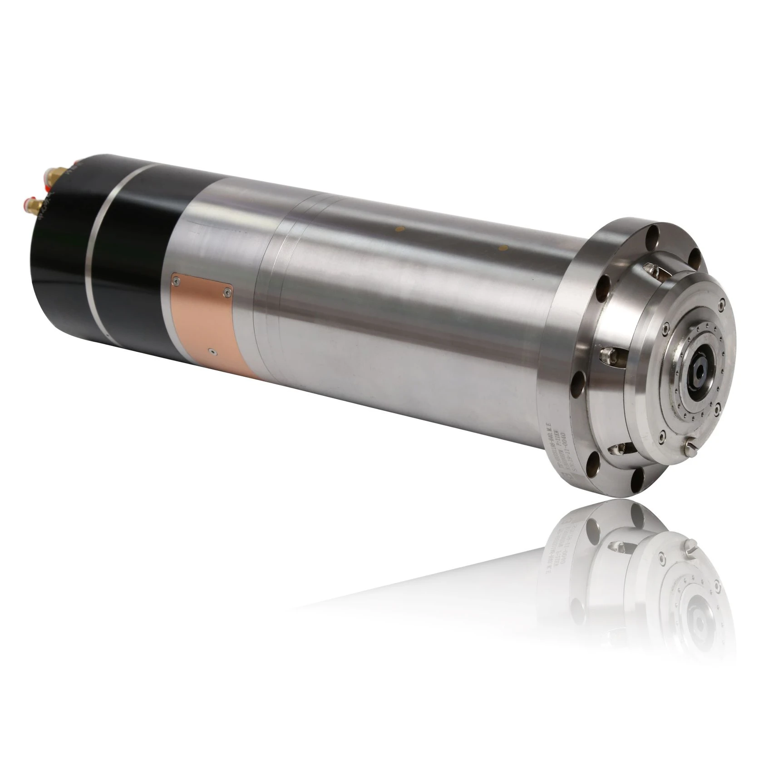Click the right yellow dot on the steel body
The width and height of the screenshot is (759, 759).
[503, 248]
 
